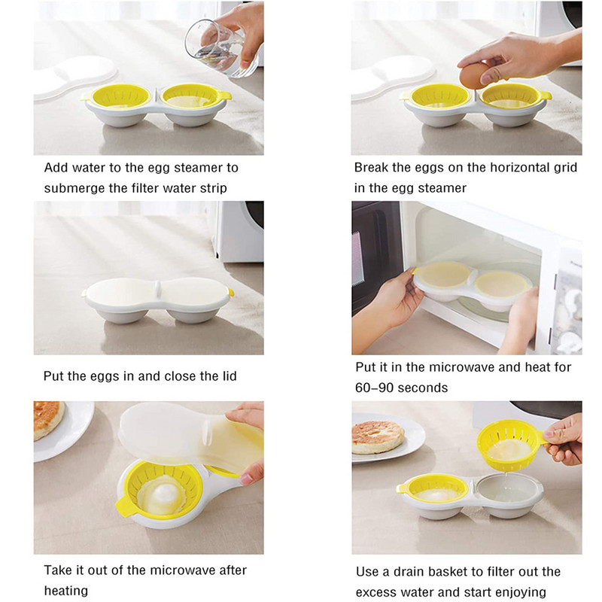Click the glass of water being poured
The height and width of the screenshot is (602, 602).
click(x=216, y=48)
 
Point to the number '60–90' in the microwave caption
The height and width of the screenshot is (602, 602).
click(x=372, y=388)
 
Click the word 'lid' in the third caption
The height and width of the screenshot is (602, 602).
click(x=228, y=375)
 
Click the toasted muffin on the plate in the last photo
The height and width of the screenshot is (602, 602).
click(x=379, y=437)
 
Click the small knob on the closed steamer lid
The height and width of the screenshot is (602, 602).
click(x=157, y=288)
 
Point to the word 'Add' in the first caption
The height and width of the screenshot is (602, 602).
click(x=56, y=167)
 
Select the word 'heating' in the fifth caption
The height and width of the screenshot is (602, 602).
click(x=66, y=591)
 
